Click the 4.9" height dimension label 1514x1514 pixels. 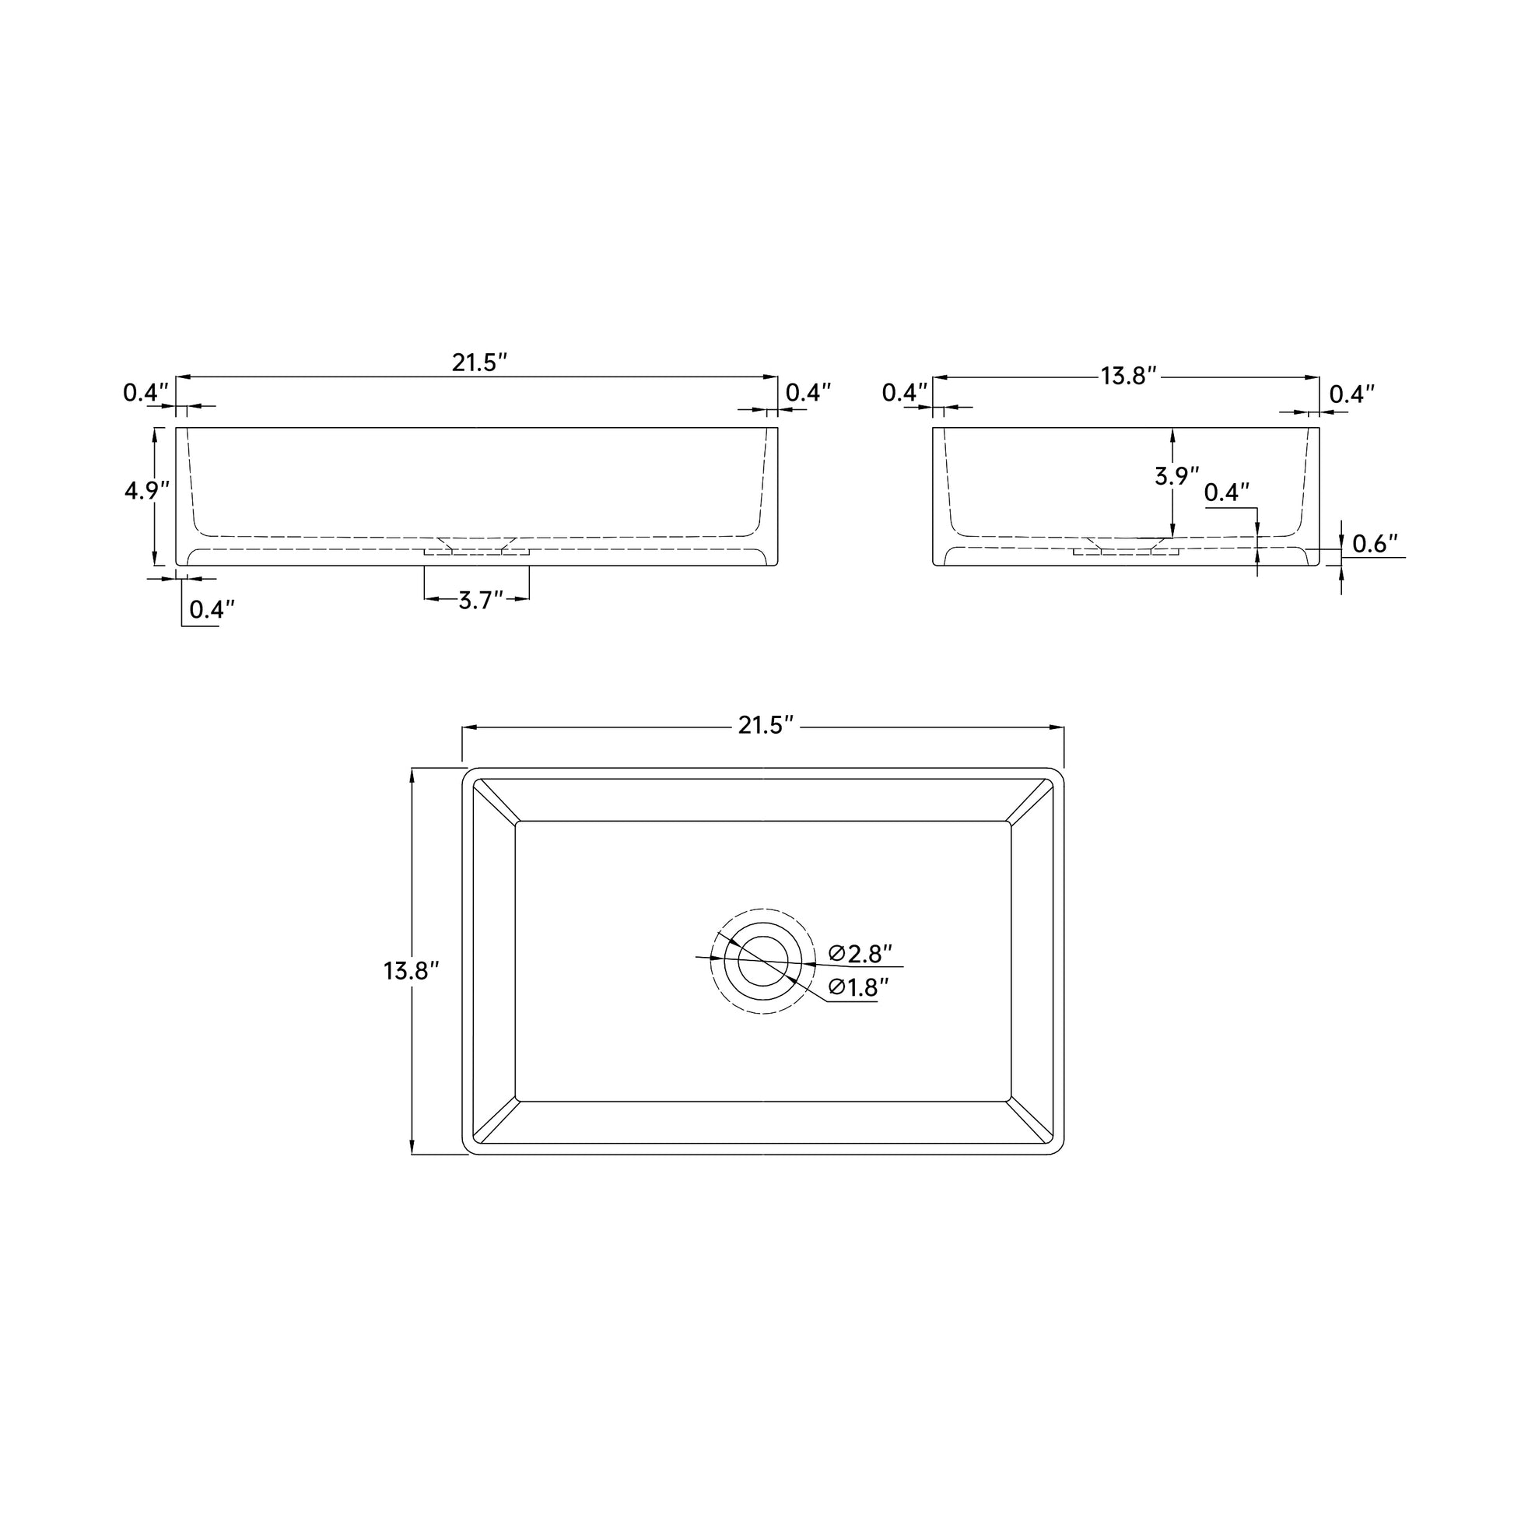pyautogui.click(x=146, y=491)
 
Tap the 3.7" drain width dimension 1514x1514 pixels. pyautogui.click(x=479, y=601)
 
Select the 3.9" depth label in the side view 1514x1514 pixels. pyautogui.click(x=1177, y=475)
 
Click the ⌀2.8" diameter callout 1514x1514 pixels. pyautogui.click(x=860, y=954)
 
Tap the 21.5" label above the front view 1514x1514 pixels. pyautogui.click(x=479, y=363)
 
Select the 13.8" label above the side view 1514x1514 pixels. pyautogui.click(x=1128, y=376)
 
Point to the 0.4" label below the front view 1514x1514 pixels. pyautogui.click(x=212, y=609)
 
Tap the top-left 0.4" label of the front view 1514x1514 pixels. pyautogui.click(x=145, y=393)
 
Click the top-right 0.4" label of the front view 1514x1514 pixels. pyautogui.click(x=808, y=393)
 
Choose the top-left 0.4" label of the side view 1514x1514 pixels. pyautogui.click(x=904, y=393)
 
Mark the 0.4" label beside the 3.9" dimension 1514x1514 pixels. pyautogui.click(x=1226, y=492)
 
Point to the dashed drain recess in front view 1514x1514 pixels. pyautogui.click(x=477, y=550)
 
